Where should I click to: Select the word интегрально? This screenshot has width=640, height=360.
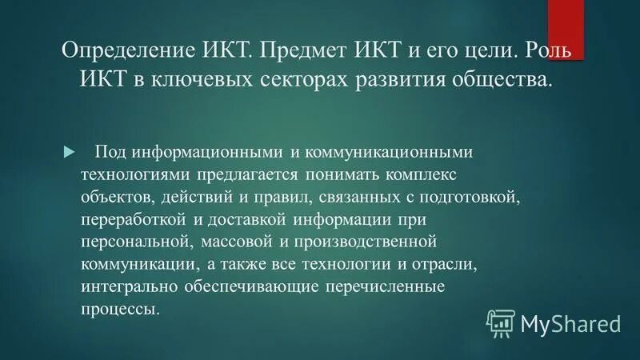122,286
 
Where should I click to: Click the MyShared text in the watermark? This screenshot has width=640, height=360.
570,323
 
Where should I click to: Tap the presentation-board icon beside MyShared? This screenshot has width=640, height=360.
501,322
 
